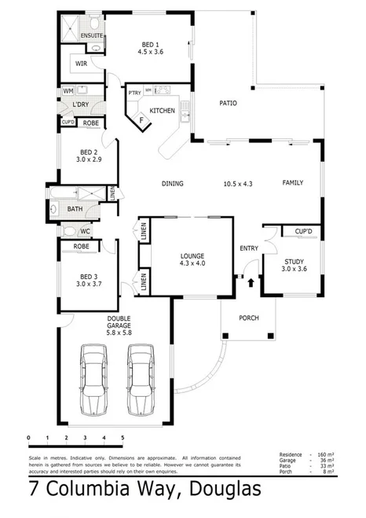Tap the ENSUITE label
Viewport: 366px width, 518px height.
[93, 36]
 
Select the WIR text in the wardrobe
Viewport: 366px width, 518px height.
[82, 63]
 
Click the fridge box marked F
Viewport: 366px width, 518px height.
[141, 120]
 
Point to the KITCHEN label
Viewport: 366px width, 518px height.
[162, 110]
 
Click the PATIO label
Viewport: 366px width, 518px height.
[228, 103]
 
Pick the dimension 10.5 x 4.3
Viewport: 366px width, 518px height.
[236, 183]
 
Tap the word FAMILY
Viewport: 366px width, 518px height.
[293, 183]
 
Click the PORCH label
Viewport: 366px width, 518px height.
[247, 318]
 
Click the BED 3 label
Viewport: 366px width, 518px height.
[89, 277]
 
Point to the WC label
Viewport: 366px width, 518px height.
[85, 232]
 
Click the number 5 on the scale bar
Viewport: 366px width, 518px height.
[123, 436]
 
